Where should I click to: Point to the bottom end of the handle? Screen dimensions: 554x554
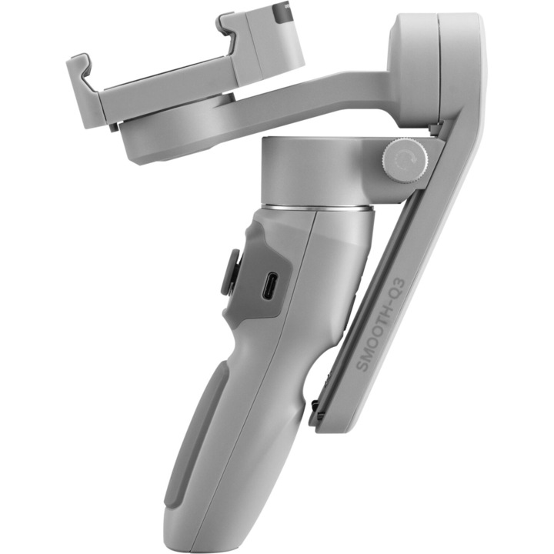pyautogui.click(x=231, y=535)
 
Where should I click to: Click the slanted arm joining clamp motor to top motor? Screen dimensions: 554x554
pyautogui.click(x=308, y=92)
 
